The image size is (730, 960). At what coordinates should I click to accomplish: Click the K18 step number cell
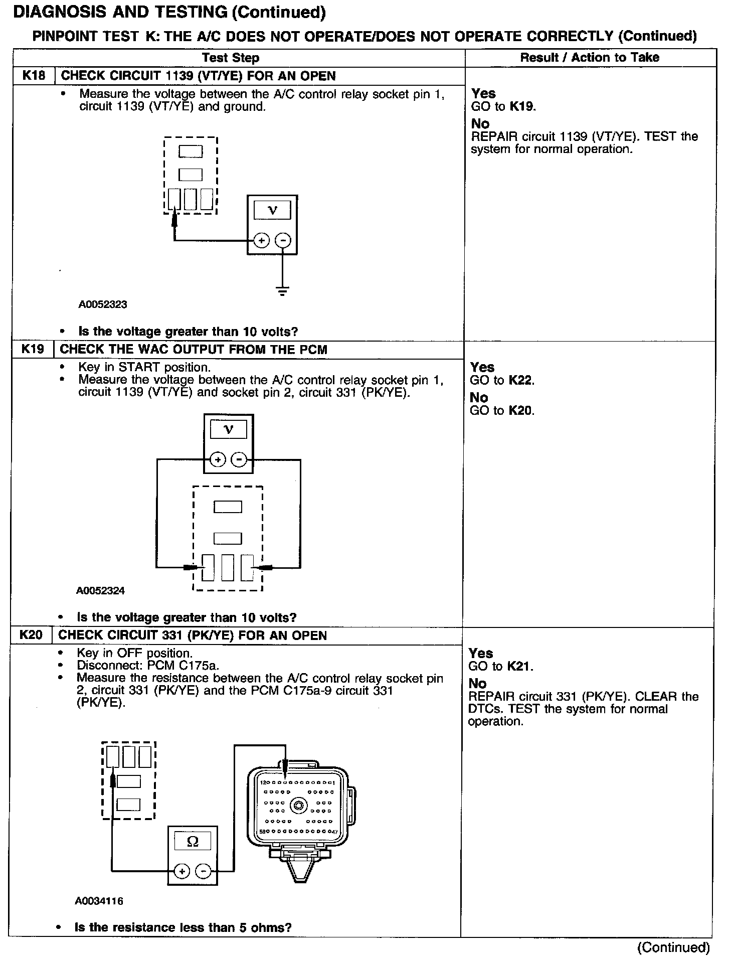point(34,76)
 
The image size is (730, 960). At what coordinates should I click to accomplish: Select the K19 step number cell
point(33,349)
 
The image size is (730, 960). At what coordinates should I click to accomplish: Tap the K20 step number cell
point(31,635)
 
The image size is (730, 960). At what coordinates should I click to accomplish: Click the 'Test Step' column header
point(231,58)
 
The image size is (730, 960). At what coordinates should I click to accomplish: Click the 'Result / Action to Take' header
point(590,58)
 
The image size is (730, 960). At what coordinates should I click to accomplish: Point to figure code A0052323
point(103,304)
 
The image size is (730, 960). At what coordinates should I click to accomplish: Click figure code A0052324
point(100,590)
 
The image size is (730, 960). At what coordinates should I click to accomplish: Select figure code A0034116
point(99,901)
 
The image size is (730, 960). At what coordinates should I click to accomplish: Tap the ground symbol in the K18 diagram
point(283,290)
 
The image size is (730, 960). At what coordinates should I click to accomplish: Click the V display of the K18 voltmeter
point(272,210)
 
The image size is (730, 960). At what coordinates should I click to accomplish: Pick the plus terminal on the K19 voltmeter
point(218,459)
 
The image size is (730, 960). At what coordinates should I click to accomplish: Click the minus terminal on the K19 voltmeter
point(240,459)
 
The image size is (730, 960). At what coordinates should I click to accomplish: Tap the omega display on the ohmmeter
point(193,842)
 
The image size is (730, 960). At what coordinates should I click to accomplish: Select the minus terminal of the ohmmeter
point(203,872)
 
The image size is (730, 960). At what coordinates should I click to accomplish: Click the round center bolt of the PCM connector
point(299,807)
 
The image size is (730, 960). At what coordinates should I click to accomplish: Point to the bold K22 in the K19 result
point(521,380)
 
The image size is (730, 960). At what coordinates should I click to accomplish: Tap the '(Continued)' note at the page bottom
point(673,947)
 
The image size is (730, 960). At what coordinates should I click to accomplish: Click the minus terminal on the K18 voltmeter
point(284,241)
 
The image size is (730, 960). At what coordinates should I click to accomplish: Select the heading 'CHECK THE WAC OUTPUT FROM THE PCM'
point(194,350)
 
